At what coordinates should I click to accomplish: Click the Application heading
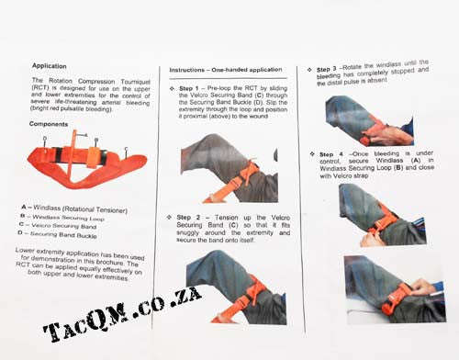pyautogui.click(x=50, y=66)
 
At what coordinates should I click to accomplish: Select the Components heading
pyautogui.click(x=48, y=123)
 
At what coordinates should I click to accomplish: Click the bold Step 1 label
pyautogui.click(x=194, y=89)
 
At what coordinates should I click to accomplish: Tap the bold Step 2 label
pyautogui.click(x=192, y=217)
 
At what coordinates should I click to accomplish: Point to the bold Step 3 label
pyautogui.click(x=331, y=68)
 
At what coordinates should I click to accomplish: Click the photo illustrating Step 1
pyautogui.click(x=229, y=168)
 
